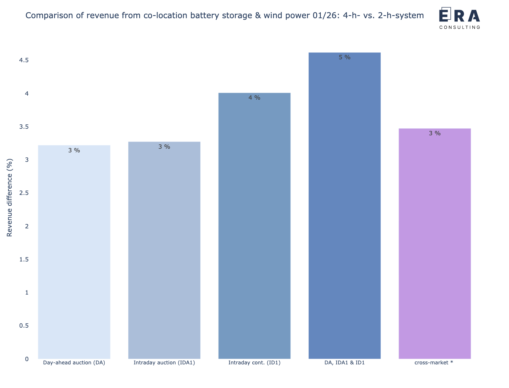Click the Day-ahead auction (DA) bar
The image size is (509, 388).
pos(74,252)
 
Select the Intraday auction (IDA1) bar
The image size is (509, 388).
pos(164,250)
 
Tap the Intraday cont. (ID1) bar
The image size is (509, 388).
pos(254,226)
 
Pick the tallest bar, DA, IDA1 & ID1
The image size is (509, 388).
pos(344,205)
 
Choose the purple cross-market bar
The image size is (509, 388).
pos(434,244)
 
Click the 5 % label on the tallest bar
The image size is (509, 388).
pos(344,57)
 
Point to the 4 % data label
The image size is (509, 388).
pos(254,98)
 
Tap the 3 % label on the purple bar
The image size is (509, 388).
pos(434,133)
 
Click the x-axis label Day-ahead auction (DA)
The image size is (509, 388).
pos(74,363)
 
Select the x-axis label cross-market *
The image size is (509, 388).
pos(434,363)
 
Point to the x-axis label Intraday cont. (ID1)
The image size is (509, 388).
pos(254,363)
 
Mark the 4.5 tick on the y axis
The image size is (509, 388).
pos(24,60)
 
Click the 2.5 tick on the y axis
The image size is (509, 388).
pos(24,193)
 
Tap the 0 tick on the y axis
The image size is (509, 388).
pos(27,359)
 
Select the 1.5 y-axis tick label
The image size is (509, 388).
pos(24,260)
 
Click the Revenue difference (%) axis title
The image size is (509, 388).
pos(9,197)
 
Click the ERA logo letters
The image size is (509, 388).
pos(459,15)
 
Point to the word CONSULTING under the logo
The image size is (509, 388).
pos(460,27)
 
